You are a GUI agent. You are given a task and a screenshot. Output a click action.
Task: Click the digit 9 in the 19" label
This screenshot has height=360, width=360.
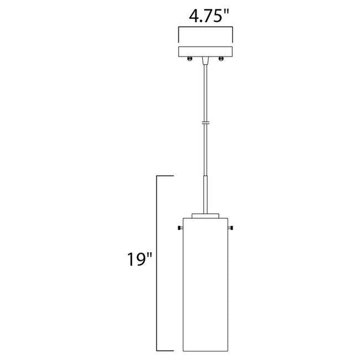(x=138, y=259)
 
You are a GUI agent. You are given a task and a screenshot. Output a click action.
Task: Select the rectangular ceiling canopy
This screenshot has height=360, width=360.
(x=206, y=52)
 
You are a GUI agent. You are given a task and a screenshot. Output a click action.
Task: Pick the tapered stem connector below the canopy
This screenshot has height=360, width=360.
(x=206, y=60)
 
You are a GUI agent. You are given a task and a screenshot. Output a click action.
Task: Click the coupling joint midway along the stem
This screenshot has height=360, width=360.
(x=206, y=124)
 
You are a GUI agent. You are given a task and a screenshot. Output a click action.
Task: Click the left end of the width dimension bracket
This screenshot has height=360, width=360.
(x=178, y=35)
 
